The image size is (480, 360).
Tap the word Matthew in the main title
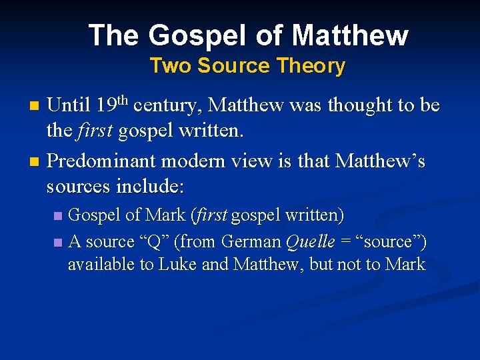[x=350, y=35]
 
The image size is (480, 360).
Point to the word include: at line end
[x=151, y=186]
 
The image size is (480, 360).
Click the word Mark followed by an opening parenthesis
[x=165, y=215]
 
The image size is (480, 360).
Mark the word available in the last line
[x=101, y=265]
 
